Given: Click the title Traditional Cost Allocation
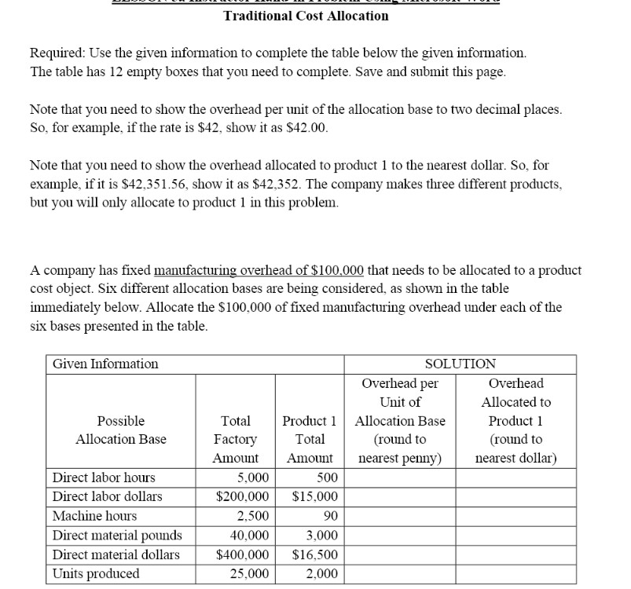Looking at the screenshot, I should coord(306,15).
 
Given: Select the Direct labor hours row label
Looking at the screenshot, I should coord(104,477).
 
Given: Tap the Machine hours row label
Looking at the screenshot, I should coord(94,516).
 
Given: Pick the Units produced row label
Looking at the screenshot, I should coord(96,573).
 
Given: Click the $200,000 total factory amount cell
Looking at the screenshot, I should coord(243,497).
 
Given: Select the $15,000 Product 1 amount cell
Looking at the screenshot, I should coord(314,497).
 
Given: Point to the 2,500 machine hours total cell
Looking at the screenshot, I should coord(253,516).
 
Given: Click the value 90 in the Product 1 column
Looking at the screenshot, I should coord(329,516).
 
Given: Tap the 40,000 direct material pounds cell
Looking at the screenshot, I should coord(251,536).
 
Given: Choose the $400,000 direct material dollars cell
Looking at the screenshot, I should coord(243,554).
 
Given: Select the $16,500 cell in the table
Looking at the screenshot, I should coord(314,554).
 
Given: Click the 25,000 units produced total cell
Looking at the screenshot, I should coord(251,574).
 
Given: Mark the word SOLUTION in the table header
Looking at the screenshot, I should coord(460,364).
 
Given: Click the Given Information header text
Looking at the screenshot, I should coord(105,364).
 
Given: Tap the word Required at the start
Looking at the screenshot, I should coord(57,53).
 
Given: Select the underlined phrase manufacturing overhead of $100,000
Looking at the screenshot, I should coord(259,270).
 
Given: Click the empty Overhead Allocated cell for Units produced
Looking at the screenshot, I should coord(516,574).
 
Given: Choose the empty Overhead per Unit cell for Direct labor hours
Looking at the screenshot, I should coord(400,477).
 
